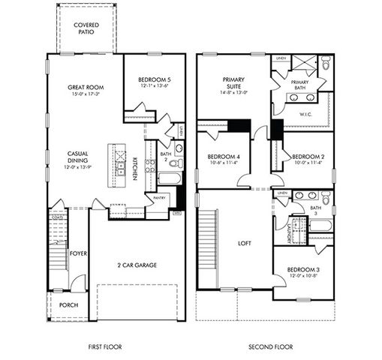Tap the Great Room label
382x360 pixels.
(85, 86)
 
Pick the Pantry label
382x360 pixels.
(159, 198)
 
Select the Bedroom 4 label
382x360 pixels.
(223, 157)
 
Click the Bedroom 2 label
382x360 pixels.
(308, 157)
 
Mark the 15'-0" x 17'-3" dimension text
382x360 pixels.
(85, 94)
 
